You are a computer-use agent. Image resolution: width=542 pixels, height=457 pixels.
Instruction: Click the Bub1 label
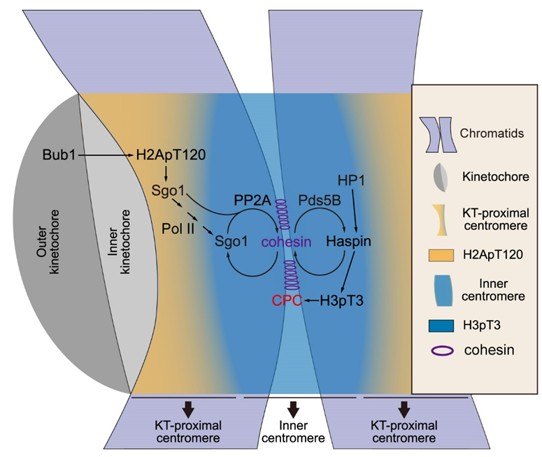[59, 154]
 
